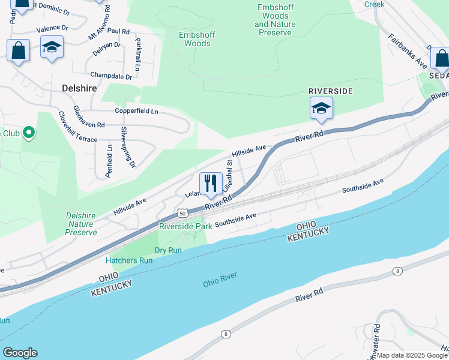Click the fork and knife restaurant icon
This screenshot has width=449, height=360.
211,184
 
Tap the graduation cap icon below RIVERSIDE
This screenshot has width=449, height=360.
321,109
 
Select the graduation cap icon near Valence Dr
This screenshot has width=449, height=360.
52,47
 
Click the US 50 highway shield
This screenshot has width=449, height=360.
182,213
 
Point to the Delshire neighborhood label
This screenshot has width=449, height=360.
80,88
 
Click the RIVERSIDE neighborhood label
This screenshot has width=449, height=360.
330,91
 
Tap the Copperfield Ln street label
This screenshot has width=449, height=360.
136,111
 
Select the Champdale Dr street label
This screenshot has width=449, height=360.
111,76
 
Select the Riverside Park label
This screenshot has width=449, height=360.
185,226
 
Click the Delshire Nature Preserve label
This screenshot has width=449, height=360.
81,224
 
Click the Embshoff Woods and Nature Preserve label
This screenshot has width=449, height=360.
274,20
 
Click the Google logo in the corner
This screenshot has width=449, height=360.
19,353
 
